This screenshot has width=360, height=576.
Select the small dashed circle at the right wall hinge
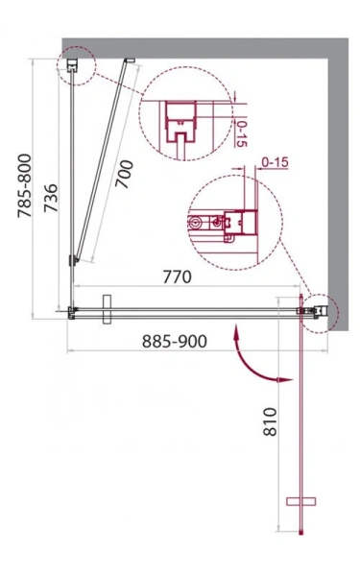pyautogui.click(x=321, y=309)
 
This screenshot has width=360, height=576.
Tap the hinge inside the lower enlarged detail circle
pyautogui.click(x=233, y=224)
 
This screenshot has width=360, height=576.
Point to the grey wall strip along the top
pyautogui.click(x=202, y=46)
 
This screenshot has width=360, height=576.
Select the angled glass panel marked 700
pyautogui.click(x=102, y=163)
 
